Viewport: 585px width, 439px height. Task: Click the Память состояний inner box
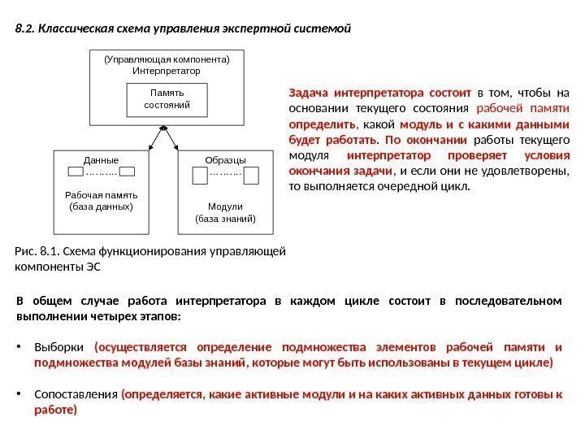pos(167,100)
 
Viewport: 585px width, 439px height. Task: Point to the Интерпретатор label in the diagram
pos(166,71)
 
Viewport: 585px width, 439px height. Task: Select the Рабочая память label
pos(102,195)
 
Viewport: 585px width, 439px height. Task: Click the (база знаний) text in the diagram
pos(226,219)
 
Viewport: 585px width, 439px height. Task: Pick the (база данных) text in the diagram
pos(102,206)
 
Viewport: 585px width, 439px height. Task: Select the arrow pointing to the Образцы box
pos(172,141)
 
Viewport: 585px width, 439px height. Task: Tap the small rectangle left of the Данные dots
pos(76,172)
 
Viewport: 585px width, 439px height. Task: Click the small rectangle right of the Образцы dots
pos(251,174)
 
